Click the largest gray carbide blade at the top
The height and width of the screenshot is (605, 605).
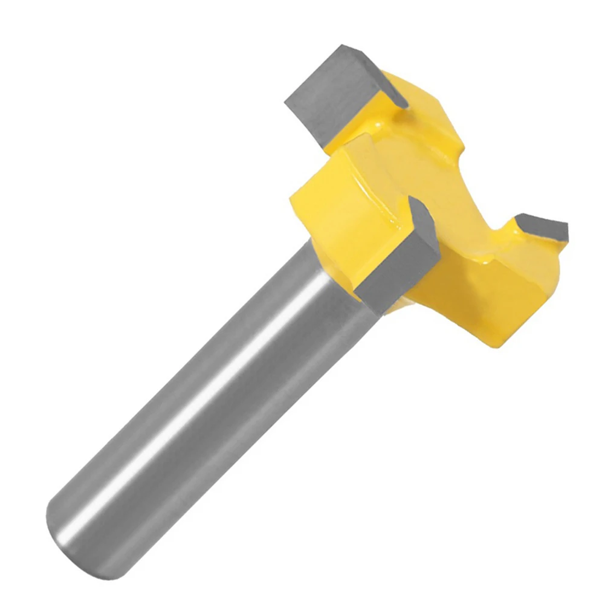pos(336,91)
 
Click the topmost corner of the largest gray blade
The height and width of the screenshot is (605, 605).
pos(342,45)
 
